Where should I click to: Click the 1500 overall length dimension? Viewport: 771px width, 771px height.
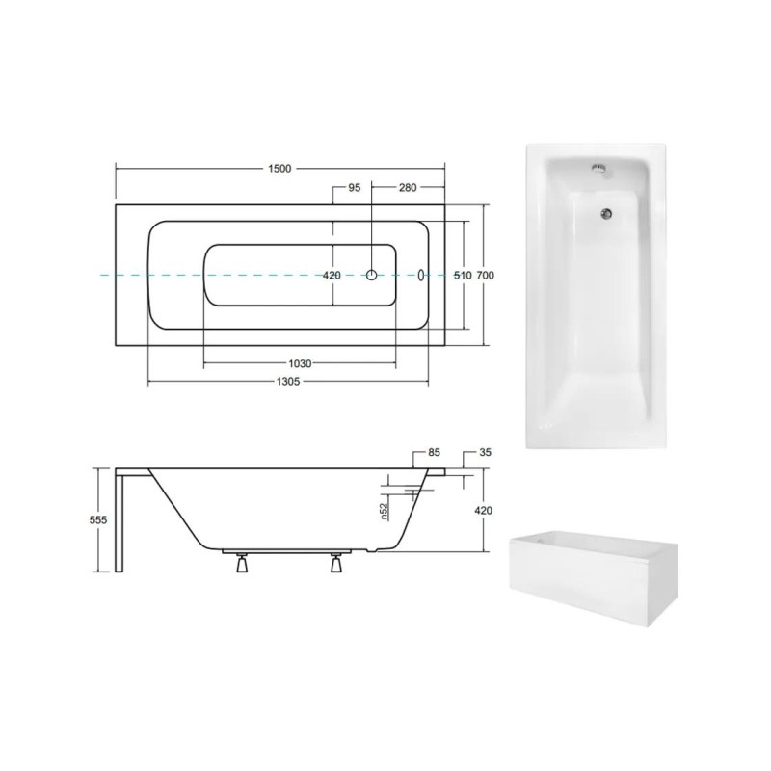[279, 169]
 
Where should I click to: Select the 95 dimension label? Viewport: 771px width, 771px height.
[354, 187]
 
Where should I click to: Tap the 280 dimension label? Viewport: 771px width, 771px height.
[408, 187]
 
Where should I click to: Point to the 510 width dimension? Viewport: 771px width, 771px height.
[463, 276]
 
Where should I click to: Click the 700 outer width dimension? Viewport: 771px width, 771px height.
[486, 276]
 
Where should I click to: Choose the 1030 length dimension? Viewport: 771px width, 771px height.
[300, 363]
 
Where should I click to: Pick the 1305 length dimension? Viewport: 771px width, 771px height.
[287, 381]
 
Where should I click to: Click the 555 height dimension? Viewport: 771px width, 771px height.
[98, 519]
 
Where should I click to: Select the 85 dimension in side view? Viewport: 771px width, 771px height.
[435, 452]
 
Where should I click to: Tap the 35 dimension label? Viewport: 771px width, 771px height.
[485, 452]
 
